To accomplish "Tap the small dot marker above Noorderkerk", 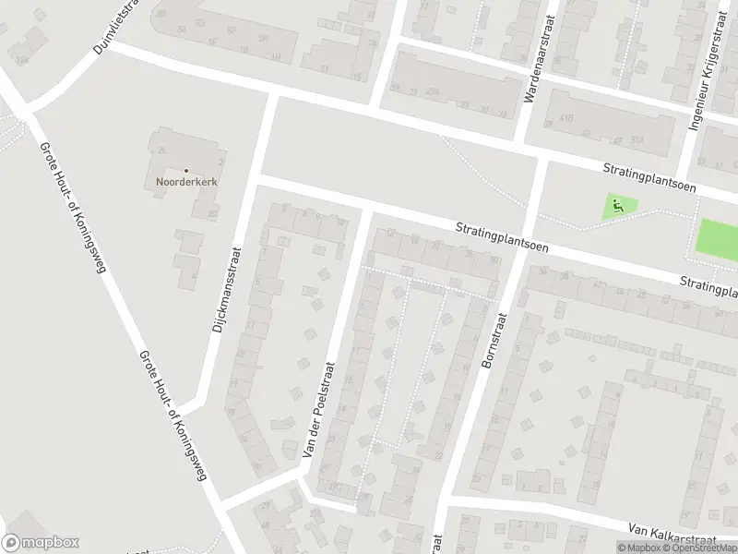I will pyautogui.click(x=185, y=171).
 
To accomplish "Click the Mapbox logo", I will pyautogui.click(x=41, y=543).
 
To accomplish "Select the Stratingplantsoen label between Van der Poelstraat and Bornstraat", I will pyautogui.click(x=503, y=237).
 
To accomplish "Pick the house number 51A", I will pyautogui.click(x=637, y=139).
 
